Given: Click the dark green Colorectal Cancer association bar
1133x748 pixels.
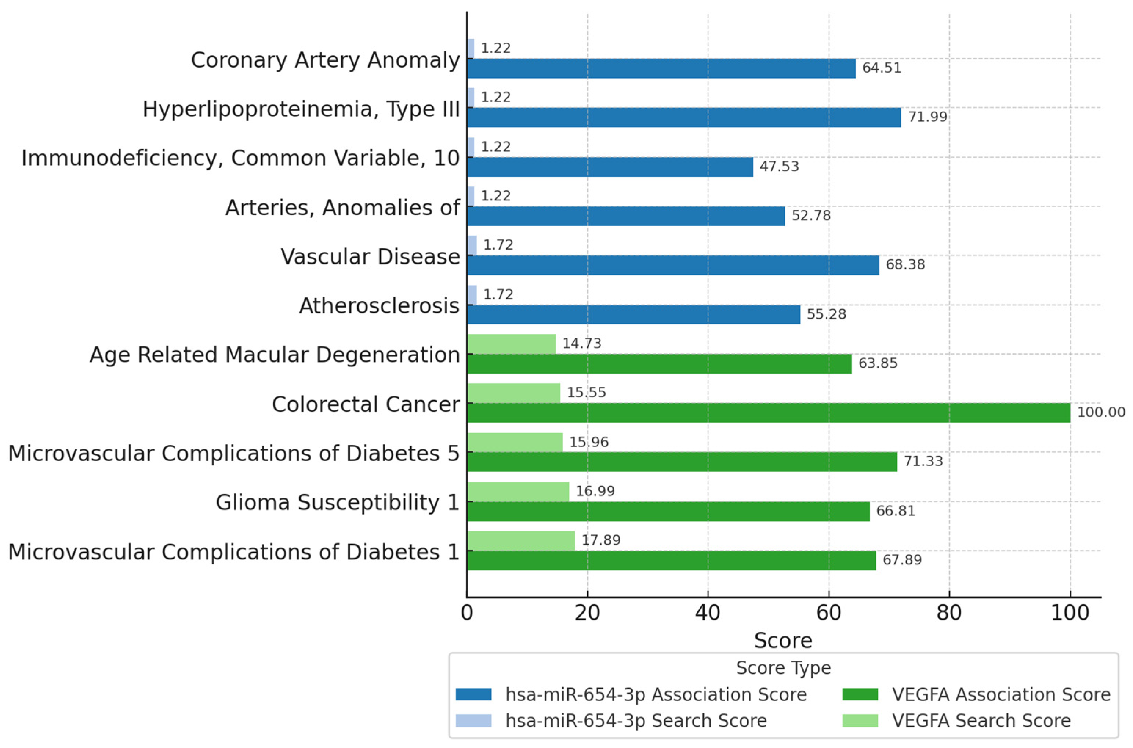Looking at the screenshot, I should click(x=768, y=413).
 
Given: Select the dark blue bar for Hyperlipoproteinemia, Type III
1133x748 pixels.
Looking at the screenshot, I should click(x=684, y=117).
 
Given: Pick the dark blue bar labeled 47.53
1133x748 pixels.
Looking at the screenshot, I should click(x=610, y=167).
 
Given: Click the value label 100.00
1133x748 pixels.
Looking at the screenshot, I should click(x=1101, y=412).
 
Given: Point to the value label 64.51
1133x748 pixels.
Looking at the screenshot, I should click(x=882, y=68).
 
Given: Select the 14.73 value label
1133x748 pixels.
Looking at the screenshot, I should click(x=581, y=344).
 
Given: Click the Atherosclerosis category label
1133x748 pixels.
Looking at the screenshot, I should click(x=379, y=306).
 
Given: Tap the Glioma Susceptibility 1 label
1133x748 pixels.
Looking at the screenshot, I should click(x=337, y=502).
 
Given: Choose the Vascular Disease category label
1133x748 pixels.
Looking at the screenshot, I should click(x=370, y=257).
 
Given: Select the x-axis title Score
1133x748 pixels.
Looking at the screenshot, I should click(x=783, y=640).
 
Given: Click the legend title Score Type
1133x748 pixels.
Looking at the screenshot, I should click(x=783, y=668).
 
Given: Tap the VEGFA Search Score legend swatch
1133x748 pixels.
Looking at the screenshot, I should click(x=860, y=721).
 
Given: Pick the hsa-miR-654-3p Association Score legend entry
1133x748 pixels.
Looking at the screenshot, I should click(x=656, y=694).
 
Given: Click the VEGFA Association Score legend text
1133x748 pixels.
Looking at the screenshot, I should click(x=1001, y=694).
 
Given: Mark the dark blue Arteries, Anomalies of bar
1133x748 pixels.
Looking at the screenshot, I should click(x=626, y=216).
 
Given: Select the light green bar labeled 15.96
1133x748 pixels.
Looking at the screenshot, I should click(x=515, y=442).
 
